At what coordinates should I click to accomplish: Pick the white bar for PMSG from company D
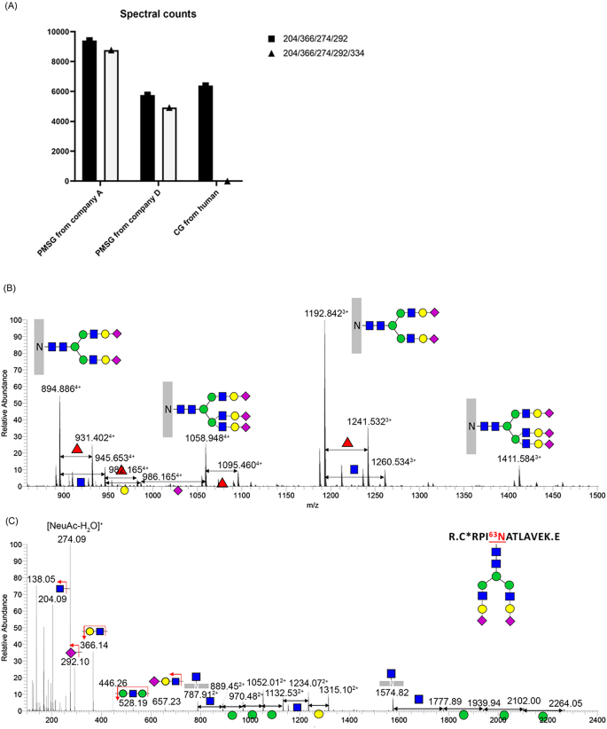[x=168, y=145]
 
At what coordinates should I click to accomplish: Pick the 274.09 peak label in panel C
[x=70, y=538]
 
